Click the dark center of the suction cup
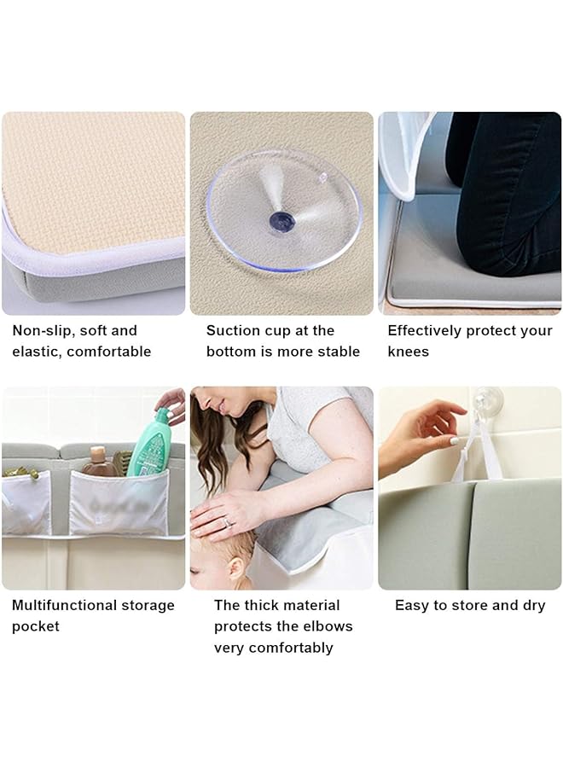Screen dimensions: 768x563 point(282,223)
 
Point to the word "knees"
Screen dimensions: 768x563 point(409,352)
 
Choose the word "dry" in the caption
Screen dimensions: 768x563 point(534,605)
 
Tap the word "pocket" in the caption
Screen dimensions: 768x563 point(36,626)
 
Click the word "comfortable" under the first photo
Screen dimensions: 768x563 point(109,352)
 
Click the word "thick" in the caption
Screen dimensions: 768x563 point(262,605)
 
